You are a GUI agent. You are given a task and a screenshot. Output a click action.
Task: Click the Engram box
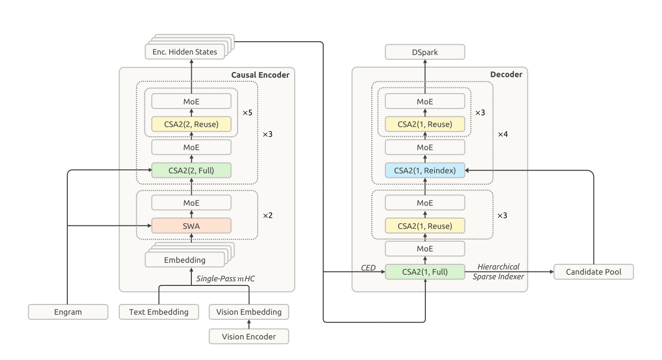click(x=68, y=312)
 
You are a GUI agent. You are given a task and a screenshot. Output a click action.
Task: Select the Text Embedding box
click(x=159, y=312)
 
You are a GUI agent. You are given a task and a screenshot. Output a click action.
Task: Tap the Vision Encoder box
click(x=249, y=336)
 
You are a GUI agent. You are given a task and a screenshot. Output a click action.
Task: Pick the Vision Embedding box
click(x=249, y=312)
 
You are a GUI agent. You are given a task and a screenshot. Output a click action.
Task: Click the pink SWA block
click(x=191, y=226)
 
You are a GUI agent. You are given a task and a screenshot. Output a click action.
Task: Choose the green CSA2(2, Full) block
click(x=191, y=170)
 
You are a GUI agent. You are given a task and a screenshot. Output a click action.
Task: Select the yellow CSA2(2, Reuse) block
click(x=191, y=124)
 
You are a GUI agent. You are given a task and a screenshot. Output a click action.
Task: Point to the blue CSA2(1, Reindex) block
click(x=425, y=170)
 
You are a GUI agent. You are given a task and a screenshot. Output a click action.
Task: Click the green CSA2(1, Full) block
click(x=425, y=272)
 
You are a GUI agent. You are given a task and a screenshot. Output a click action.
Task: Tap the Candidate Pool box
click(x=594, y=272)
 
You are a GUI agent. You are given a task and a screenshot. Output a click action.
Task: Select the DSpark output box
click(x=425, y=52)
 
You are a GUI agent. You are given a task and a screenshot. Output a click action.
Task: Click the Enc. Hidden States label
click(x=185, y=52)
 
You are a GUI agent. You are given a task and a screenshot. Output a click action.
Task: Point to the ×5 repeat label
click(x=247, y=113)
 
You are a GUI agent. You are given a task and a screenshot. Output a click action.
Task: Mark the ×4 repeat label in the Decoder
click(x=503, y=134)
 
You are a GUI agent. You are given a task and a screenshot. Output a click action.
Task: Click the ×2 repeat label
click(x=268, y=215)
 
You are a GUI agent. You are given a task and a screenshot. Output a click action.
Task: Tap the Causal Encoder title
click(x=260, y=75)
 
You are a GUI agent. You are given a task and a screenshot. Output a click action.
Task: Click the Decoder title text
click(x=506, y=74)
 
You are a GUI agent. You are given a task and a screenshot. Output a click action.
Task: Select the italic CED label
click(x=368, y=267)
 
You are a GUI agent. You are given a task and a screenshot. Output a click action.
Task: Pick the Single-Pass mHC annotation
click(x=225, y=278)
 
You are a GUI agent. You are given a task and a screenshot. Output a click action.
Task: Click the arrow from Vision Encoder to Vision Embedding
click(x=249, y=324)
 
